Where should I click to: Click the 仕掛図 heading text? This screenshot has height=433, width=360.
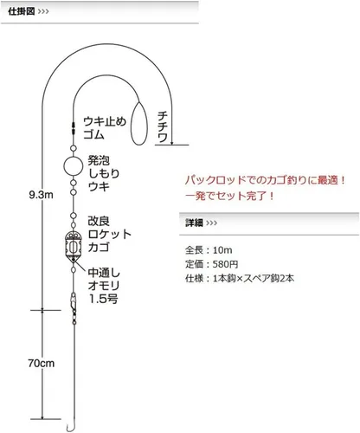(x=22, y=11)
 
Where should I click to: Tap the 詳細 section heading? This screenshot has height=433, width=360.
(x=194, y=223)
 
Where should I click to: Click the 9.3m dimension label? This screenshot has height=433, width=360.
(x=42, y=195)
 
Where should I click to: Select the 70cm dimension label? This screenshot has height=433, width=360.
(x=42, y=363)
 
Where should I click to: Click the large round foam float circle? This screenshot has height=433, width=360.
(x=74, y=165)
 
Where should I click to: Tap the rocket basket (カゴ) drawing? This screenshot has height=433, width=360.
(x=74, y=246)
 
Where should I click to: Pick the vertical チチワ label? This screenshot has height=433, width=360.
(x=163, y=127)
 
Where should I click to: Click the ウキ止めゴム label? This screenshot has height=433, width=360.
(x=105, y=128)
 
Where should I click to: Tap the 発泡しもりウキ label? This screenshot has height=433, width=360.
(x=104, y=173)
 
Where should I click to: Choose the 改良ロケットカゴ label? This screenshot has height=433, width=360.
(x=110, y=234)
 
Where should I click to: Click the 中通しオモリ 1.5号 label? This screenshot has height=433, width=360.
(x=104, y=286)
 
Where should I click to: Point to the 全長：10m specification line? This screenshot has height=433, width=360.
(x=209, y=250)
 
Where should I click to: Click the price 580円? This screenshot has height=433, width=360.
(x=225, y=264)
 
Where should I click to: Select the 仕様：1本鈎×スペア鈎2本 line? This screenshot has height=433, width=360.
(x=240, y=278)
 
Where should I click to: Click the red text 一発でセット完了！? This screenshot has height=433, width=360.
(x=230, y=197)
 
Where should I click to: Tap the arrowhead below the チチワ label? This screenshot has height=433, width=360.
(x=172, y=142)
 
